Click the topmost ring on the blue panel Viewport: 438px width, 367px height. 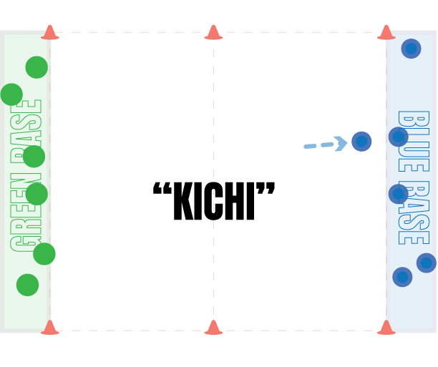[411, 49]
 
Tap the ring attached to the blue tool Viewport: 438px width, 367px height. [361, 142]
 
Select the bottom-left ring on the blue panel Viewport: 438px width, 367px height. [402, 277]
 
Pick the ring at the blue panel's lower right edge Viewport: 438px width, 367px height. [427, 263]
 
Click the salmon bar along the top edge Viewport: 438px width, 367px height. [215, 31]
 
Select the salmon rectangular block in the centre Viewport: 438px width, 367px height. [238, 269]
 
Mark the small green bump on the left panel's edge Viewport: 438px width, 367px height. [5, 94]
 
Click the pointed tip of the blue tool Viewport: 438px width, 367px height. [306, 147]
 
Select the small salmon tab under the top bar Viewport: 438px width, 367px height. [376, 42]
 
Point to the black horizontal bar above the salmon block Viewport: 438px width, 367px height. [215, 188]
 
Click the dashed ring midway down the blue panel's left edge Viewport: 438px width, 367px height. [398, 194]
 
